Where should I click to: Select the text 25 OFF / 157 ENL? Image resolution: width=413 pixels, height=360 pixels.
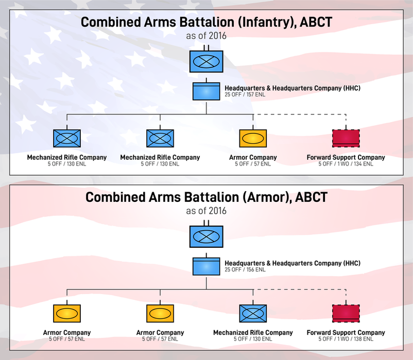[245, 95]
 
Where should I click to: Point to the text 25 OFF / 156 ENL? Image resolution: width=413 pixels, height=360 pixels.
[245, 269]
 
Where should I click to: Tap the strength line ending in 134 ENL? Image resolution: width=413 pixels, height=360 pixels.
[346, 164]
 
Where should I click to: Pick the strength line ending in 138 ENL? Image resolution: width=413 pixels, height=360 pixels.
[346, 339]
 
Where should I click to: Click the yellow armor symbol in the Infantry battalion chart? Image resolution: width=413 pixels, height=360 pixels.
[253, 138]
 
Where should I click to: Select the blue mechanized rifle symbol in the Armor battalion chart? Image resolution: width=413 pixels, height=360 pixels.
[253, 313]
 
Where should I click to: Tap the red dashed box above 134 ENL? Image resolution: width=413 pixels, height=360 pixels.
[346, 138]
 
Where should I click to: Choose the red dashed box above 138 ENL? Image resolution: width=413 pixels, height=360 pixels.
[346, 313]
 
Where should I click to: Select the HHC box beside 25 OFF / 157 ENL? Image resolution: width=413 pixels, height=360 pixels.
[206, 91]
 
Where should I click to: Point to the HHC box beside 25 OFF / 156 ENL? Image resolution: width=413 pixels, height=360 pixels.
[206, 266]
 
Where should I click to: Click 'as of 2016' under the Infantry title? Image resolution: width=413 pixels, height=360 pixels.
[206, 36]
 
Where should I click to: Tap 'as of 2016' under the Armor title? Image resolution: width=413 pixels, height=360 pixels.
[206, 211]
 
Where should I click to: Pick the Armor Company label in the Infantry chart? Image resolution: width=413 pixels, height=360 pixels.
[253, 157]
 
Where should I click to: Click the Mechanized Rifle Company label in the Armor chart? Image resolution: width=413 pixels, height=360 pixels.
[253, 332]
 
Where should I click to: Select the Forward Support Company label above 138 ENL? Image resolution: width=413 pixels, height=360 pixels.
[346, 332]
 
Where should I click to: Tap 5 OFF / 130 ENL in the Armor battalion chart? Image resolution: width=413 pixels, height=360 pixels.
[253, 339]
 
